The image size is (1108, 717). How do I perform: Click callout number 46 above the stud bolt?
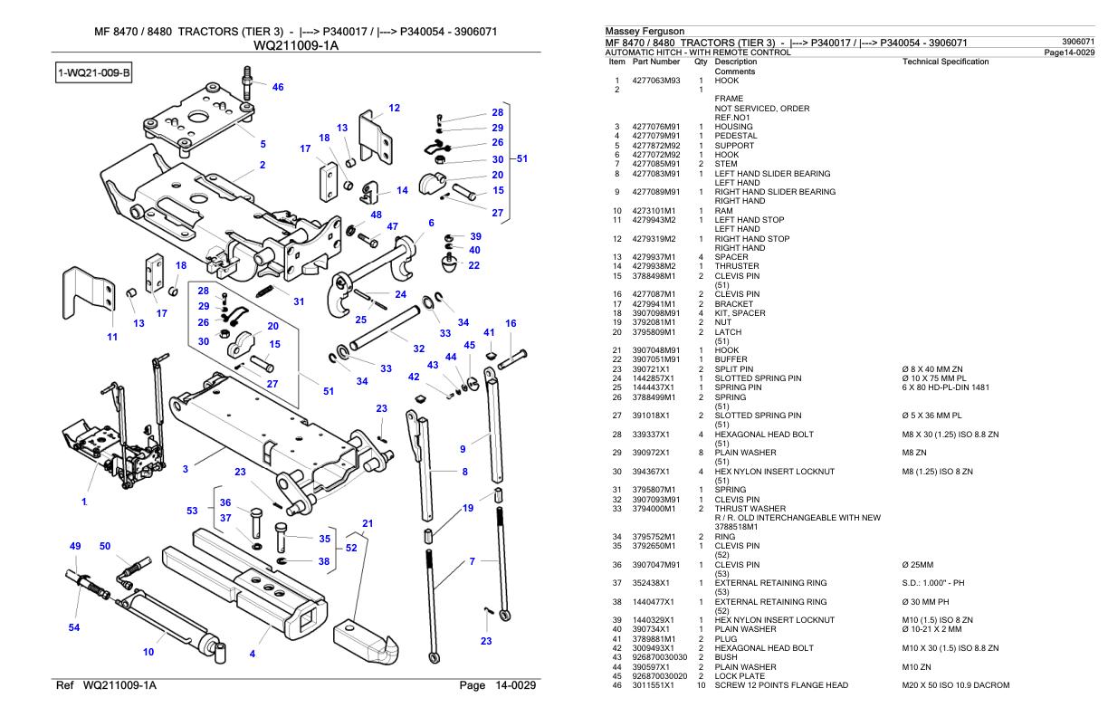click(x=278, y=88)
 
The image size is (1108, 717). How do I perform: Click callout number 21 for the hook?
click(x=368, y=522)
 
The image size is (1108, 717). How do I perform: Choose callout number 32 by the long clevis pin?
click(x=419, y=348)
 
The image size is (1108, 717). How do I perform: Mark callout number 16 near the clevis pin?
click(x=511, y=323)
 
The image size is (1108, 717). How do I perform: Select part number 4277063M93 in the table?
click(x=656, y=80)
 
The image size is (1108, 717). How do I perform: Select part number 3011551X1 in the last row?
click(x=653, y=685)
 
